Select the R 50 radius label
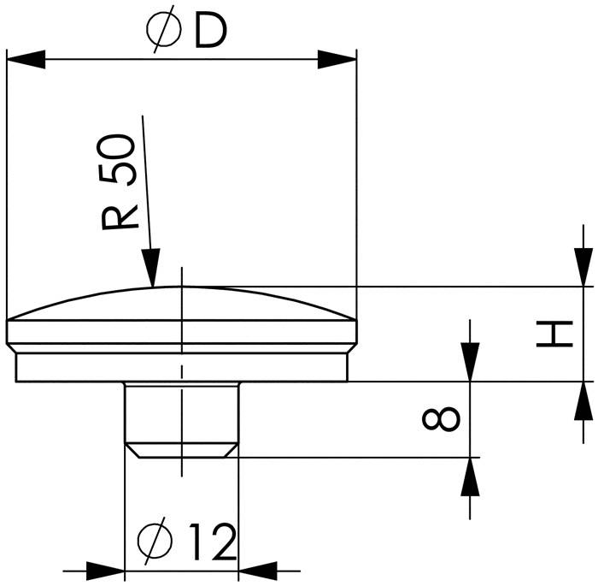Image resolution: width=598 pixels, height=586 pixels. pos(120,182)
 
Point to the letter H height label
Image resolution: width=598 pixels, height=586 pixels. pos(554,334)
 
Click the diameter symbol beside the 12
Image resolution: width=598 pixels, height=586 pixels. pos(155,541)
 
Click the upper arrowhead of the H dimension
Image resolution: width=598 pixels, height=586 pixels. pos(583,268)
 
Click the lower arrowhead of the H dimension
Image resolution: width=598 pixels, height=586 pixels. pos(583,400)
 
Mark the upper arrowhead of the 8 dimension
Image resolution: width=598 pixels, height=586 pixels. pos(469,363)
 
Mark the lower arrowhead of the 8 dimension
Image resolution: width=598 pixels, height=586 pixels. pos(469,476)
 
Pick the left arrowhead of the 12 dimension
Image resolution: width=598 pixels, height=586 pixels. pos(106,569)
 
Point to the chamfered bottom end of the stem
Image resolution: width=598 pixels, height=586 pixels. pos(181,450)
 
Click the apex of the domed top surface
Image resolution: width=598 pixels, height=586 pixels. pos(181,287)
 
